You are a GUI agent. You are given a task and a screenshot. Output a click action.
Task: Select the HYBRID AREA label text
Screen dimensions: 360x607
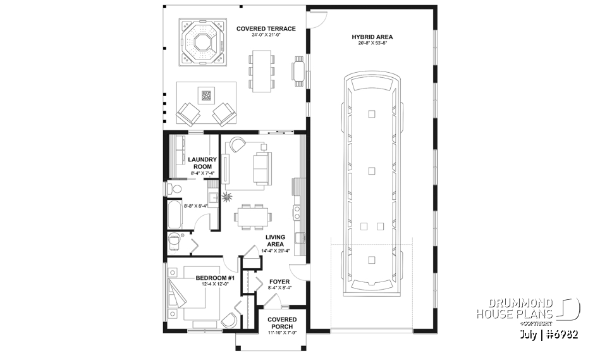(372, 37)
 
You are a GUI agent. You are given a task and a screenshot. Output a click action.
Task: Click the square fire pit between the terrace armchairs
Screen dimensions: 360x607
(206, 96)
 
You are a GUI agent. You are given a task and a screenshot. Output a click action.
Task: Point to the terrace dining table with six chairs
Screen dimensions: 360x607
(261, 70)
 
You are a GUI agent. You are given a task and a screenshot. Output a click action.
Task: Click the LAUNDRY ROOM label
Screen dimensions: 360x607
(203, 163)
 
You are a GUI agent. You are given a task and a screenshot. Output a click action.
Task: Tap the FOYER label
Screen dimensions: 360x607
(279, 282)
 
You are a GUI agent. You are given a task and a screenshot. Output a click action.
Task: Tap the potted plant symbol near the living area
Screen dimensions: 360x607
(226, 197)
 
